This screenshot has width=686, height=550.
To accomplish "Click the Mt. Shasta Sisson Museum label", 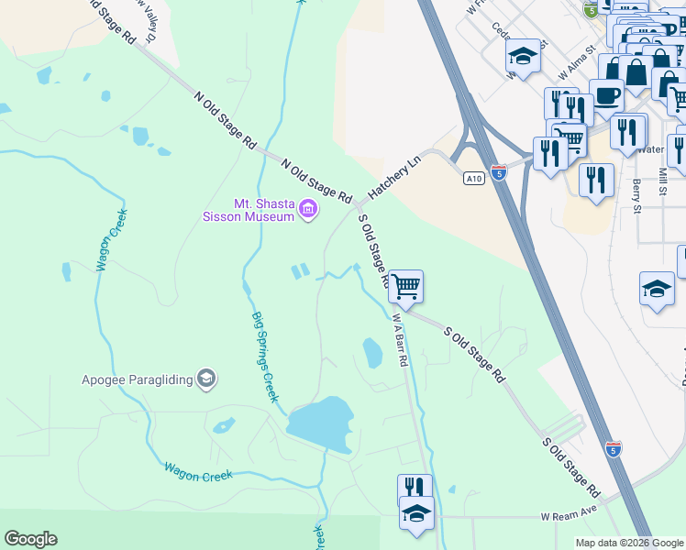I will click(x=251, y=210).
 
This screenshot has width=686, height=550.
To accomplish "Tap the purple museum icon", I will click(x=308, y=212).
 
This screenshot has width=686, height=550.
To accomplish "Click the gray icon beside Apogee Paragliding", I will click(x=207, y=377).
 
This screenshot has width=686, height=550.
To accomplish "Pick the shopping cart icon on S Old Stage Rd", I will click(x=405, y=286).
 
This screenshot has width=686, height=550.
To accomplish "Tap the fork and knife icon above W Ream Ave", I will click(x=415, y=489).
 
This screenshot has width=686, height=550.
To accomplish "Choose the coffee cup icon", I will click(x=606, y=94).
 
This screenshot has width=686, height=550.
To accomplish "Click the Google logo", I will click(x=30, y=539).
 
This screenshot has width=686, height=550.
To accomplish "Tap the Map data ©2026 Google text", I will click(x=629, y=543).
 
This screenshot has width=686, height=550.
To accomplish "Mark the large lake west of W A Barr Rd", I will click(x=320, y=420).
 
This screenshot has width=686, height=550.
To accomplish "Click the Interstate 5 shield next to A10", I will click(x=498, y=171).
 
